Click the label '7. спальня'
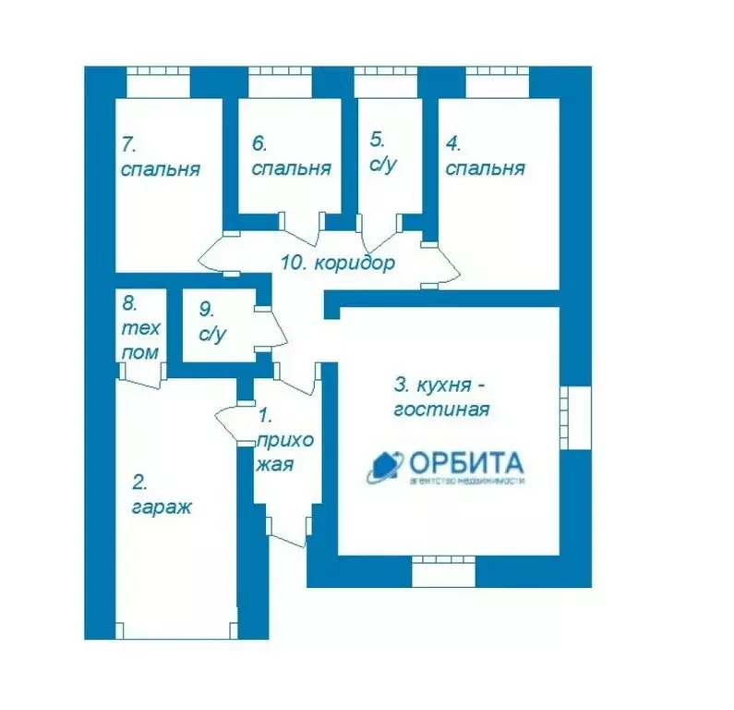[161, 157]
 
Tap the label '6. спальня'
[291, 157]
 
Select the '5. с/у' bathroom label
[383, 153]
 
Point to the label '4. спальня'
[485, 157]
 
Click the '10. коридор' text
[337, 263]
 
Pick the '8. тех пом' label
[140, 327]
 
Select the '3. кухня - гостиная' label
[440, 396]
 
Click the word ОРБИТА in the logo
[465, 461]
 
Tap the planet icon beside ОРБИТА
[385, 466]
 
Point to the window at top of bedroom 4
[497, 81]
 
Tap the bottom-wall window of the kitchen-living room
[442, 569]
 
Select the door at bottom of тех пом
[140, 372]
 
